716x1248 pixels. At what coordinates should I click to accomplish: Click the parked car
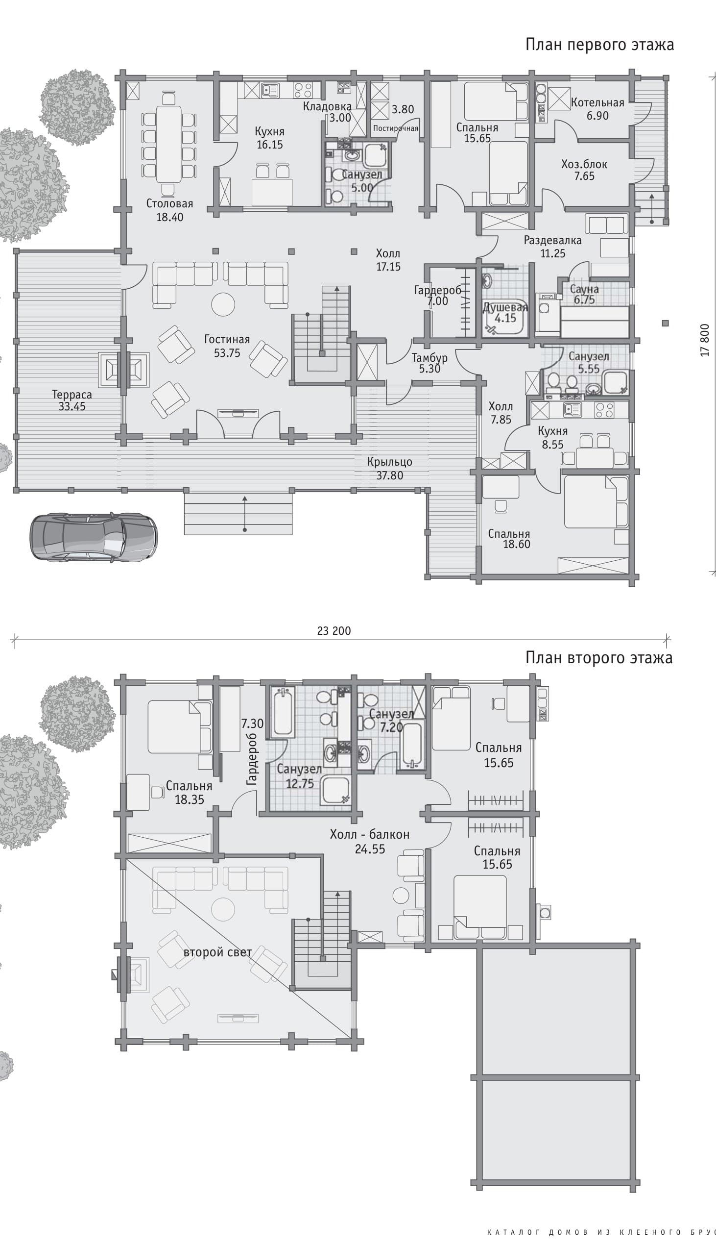click(94, 537)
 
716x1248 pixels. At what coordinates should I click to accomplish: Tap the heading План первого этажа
click(599, 45)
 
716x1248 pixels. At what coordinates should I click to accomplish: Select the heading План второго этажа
click(599, 657)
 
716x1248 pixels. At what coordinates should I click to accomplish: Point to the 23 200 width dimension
click(334, 631)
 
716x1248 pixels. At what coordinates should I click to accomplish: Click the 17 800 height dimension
click(705, 340)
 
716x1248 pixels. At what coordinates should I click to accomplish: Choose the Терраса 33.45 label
click(72, 400)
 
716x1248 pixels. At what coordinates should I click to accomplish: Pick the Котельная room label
click(597, 103)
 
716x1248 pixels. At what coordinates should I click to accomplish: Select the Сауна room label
click(584, 289)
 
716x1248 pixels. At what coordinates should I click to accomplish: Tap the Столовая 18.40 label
click(169, 210)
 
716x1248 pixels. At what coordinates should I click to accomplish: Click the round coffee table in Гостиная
click(223, 304)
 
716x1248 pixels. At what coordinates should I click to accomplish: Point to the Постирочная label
click(395, 128)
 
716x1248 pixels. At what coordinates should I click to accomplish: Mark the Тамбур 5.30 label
click(430, 363)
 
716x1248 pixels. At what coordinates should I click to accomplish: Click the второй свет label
click(217, 952)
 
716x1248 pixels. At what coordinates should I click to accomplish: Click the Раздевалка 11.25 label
click(553, 247)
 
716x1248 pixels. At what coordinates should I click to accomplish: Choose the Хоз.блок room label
click(584, 164)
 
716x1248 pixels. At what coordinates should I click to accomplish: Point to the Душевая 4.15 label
click(505, 313)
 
